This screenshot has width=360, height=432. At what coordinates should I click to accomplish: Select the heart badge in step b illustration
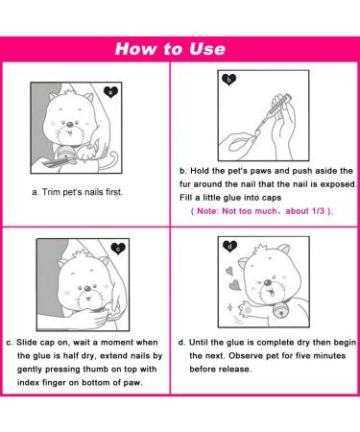(x=229, y=80)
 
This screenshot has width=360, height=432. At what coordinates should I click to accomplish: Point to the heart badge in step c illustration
(x=119, y=248)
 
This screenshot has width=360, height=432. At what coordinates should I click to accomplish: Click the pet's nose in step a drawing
(x=69, y=123)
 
